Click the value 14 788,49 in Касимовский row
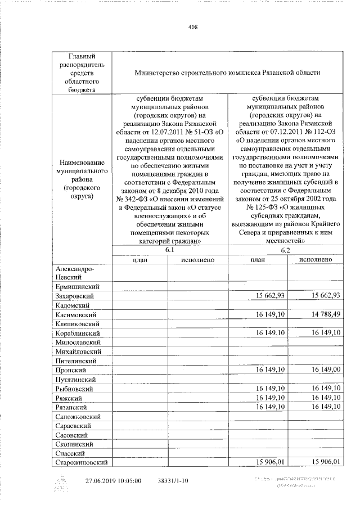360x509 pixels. coord(319,314)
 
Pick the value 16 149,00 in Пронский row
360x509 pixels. coord(319,370)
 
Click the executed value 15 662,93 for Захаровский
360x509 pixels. coord(319,296)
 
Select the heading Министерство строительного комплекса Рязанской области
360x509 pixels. coord(227,73)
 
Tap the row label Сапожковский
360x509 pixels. coord(78,416)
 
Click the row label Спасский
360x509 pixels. coord(70,453)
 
